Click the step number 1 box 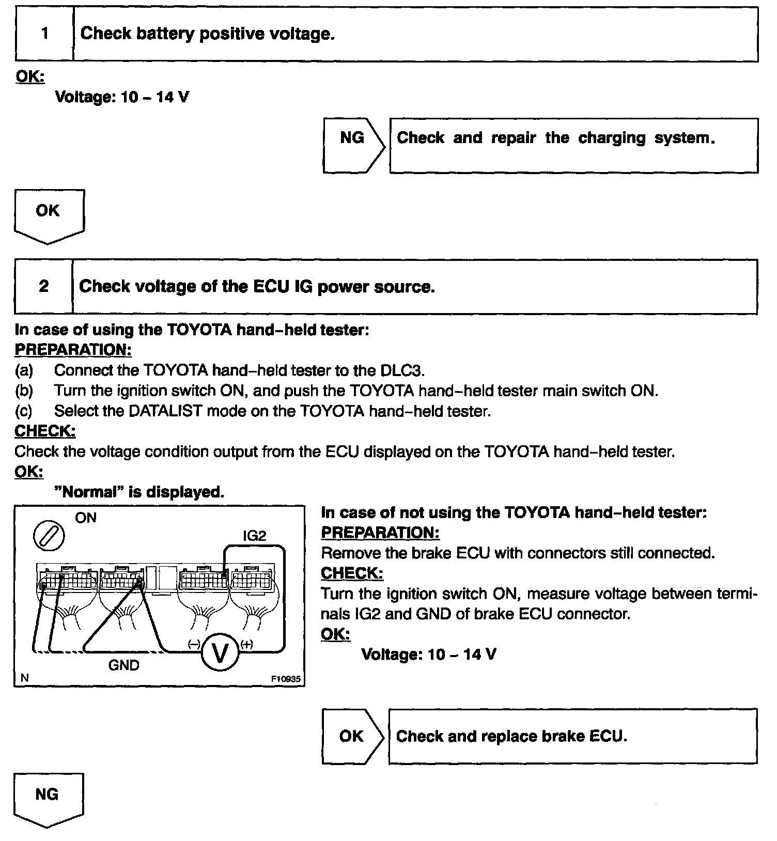44,34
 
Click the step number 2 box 43,286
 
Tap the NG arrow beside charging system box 353,145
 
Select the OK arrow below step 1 48,215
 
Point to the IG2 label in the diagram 254,536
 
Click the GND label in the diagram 123,665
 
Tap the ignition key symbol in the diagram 49,536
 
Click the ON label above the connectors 86,518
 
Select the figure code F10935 286,679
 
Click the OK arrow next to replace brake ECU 352,736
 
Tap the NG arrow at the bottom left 47,799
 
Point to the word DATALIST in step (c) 163,411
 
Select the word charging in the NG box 612,138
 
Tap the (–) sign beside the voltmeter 194,644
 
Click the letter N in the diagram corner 24,678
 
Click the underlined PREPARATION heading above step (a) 73,350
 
